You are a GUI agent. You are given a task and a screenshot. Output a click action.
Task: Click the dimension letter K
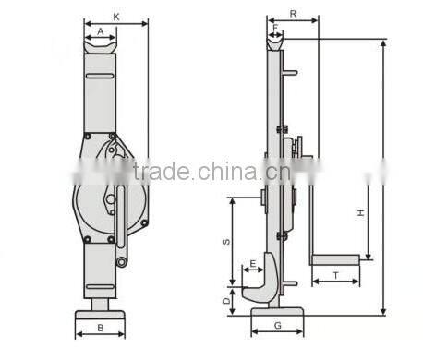coord(115,16)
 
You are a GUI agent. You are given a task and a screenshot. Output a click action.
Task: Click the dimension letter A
coord(100,30)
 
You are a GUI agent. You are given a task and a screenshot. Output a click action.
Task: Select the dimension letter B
coord(100,327)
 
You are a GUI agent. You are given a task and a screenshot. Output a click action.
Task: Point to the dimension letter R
coord(292,16)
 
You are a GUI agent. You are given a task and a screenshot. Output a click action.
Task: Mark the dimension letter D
coord(227,300)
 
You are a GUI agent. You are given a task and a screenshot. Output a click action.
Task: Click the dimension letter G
coord(276,327)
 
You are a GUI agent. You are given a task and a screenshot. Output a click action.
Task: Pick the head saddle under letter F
coord(275,40)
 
